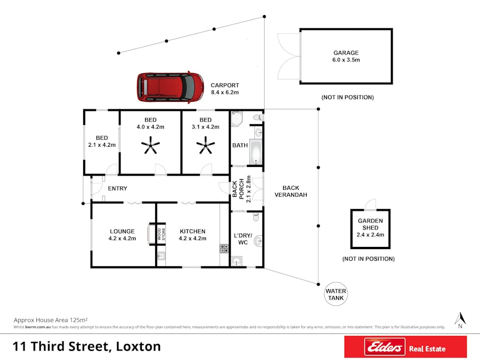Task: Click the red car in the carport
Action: click(x=170, y=87)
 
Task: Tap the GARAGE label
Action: click(x=346, y=53)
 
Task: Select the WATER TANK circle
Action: click(x=336, y=294)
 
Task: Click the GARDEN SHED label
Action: click(x=371, y=224)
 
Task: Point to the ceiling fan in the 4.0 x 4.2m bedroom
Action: click(x=150, y=145)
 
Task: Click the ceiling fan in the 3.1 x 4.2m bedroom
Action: click(x=205, y=145)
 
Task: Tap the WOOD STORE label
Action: click(x=161, y=234)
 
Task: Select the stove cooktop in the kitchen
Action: click(x=224, y=248)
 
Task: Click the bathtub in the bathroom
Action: click(x=256, y=152)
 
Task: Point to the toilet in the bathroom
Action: click(x=259, y=117)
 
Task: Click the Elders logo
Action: click(x=385, y=347)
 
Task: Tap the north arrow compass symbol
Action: click(x=460, y=320)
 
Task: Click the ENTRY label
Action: click(x=117, y=188)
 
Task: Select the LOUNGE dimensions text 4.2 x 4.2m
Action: click(x=122, y=238)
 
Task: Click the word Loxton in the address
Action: click(x=138, y=347)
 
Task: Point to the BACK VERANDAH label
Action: click(x=291, y=191)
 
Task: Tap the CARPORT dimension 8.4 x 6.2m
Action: click(x=225, y=92)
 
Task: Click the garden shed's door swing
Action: click(x=370, y=204)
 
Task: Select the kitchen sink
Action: click(x=161, y=255)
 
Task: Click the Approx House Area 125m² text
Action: click(x=51, y=320)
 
